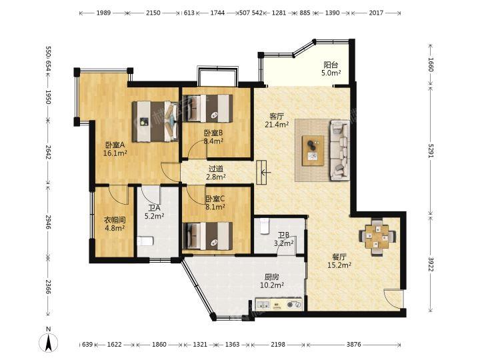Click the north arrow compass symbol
pyautogui.click(x=49, y=340)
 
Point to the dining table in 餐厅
pyautogui.click(x=377, y=236)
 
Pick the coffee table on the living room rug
pyautogui.click(x=313, y=151)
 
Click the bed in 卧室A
pyautogui.click(x=155, y=121)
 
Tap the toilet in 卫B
pyautogui.click(x=263, y=226)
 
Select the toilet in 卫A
pyautogui.click(x=145, y=241)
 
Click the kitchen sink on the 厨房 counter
pyautogui.click(x=263, y=305)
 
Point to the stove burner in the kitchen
pyautogui.click(x=294, y=305)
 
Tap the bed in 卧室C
pyautogui.click(x=207, y=236)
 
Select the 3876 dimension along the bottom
pyautogui.click(x=353, y=345)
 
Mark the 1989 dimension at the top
pyautogui.click(x=103, y=13)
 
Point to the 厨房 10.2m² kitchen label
pyautogui.click(x=271, y=281)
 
